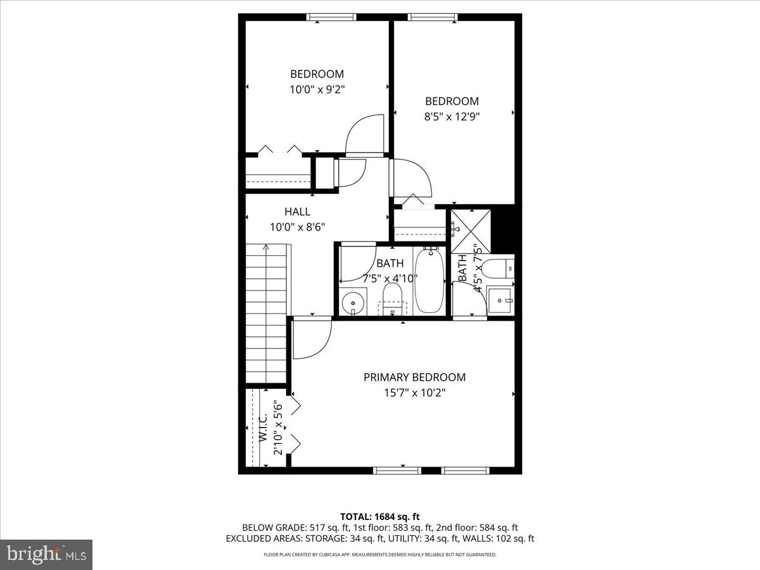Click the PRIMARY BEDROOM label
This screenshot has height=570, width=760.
point(414,377)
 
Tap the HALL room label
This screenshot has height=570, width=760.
point(297,212)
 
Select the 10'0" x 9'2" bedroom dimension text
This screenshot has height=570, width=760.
point(317,89)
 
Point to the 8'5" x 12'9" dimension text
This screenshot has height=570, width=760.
point(452,117)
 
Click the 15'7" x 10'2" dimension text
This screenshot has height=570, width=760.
point(414,393)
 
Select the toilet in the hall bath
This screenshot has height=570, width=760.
point(393,298)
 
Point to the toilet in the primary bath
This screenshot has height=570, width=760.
point(502,268)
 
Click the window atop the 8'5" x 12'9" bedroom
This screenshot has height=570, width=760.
point(433,17)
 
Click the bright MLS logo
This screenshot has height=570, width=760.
point(46,554)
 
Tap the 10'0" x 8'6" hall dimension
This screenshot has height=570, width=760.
point(297,227)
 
